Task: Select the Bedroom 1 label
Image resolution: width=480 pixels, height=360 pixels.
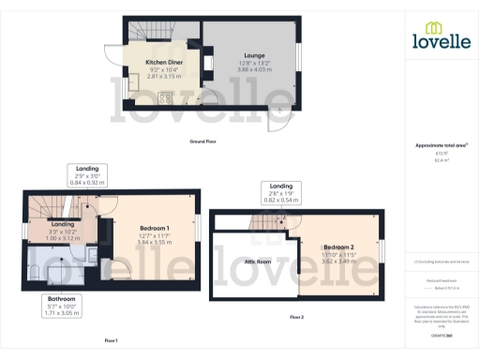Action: tap(155, 230)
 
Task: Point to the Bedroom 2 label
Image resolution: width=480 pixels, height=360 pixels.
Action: tap(339, 246)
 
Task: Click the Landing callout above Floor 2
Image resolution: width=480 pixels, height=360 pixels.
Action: tap(280, 186)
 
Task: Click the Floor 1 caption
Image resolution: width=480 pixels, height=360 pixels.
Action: tap(112, 340)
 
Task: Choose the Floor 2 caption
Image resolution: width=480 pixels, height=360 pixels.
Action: tap(296, 319)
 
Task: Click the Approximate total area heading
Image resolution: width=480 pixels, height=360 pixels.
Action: tap(441, 146)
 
